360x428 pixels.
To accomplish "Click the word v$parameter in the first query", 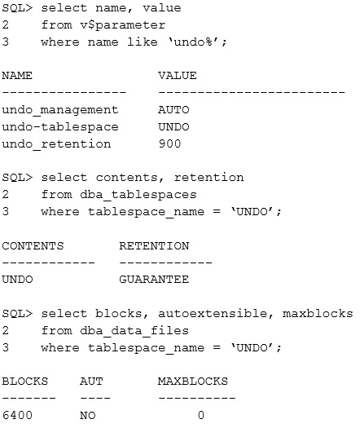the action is click(123, 25).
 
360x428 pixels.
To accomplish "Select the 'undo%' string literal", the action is click(197, 42).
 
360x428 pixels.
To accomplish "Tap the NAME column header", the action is click(17, 76).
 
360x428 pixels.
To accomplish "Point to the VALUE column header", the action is click(178, 76).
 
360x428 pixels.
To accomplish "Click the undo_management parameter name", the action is click(60, 110).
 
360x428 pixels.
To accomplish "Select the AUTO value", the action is click(173, 110).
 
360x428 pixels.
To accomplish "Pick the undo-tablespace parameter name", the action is click(60, 127).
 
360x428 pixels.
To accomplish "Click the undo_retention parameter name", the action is click(56, 144).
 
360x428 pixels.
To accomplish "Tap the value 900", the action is click(169, 143).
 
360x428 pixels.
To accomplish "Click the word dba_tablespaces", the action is click(138, 195).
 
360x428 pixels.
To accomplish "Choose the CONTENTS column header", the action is click(33, 246).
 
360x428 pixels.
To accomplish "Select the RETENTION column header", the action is click(154, 246).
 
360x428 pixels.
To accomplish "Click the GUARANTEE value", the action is click(154, 280).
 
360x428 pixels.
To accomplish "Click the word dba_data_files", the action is click(134, 331).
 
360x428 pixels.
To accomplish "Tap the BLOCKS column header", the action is click(25, 382).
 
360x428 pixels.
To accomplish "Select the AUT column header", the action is click(91, 382).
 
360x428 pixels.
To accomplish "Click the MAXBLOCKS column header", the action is click(193, 382).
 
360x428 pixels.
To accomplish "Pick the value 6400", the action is click(17, 416).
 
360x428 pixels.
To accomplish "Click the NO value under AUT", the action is click(87, 416).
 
